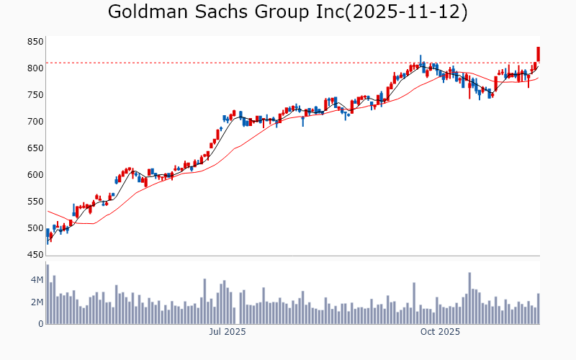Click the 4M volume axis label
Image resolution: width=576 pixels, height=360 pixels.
[x=37, y=279]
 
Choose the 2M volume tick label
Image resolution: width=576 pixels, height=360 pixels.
[x=37, y=302]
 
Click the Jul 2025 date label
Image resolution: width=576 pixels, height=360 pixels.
[x=228, y=332]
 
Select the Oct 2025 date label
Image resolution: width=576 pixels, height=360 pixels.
[x=439, y=332]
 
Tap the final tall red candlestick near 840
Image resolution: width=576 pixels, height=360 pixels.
[x=538, y=54]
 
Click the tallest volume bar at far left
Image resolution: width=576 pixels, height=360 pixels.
[x=48, y=294]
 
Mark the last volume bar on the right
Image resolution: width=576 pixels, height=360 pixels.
[x=538, y=309]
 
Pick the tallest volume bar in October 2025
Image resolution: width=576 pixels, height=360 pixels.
[x=469, y=298]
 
